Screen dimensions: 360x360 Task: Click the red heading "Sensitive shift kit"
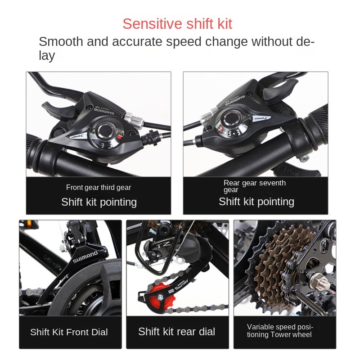click(x=177, y=24)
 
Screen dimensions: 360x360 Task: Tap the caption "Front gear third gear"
click(x=99, y=187)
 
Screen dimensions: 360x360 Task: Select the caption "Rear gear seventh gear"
click(x=255, y=186)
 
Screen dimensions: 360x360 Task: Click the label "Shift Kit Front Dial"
click(x=69, y=332)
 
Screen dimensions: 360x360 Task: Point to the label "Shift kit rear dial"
click(x=176, y=332)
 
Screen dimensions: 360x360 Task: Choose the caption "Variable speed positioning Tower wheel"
click(x=280, y=331)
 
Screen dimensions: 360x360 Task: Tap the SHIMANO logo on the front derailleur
click(x=85, y=257)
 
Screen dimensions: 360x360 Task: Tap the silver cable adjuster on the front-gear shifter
click(x=134, y=119)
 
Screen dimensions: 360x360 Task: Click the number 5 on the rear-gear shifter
click(x=229, y=134)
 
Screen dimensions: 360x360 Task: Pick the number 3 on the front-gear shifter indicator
click(x=103, y=145)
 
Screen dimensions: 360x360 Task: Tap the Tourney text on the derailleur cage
click(x=181, y=285)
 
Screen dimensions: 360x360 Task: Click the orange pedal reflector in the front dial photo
click(x=29, y=223)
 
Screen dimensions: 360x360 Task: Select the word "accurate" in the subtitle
click(x=137, y=41)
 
